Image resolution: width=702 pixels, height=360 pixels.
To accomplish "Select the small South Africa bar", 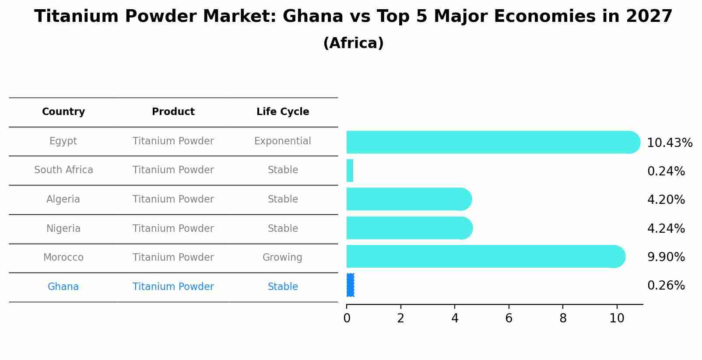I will [350, 171].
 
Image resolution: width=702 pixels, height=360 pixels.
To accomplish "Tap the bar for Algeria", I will [407, 199].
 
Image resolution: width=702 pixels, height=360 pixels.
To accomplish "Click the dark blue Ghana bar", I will [350, 285].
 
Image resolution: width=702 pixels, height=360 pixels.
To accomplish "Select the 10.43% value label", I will [669, 143].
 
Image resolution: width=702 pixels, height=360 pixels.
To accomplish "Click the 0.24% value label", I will [666, 171].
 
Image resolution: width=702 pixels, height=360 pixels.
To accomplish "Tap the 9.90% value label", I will [666, 257].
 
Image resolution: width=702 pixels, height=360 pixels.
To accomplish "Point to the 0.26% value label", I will [666, 286].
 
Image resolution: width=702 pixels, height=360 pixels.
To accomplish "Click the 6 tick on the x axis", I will [509, 318].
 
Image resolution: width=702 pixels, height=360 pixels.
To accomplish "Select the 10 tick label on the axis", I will [617, 318].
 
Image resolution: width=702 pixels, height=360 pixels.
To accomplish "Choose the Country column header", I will [63, 112].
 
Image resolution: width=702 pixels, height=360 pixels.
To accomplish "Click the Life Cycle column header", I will [283, 112].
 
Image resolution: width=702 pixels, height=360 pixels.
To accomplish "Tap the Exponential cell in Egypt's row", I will [283, 141].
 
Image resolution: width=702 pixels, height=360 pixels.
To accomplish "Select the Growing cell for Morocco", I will [282, 258].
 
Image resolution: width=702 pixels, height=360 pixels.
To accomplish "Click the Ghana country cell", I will [63, 287].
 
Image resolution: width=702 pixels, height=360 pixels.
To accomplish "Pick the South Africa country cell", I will [63, 170].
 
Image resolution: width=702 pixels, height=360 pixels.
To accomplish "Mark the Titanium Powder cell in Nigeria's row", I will [173, 229].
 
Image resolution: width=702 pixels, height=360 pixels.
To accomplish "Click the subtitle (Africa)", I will [353, 43].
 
